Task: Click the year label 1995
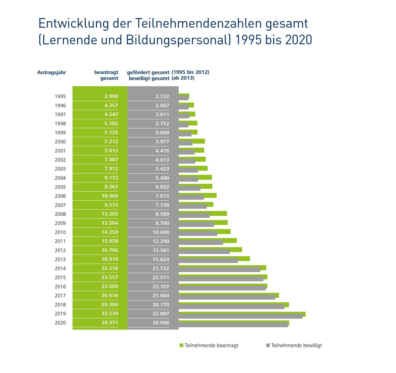(60, 96)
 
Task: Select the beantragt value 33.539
(110, 314)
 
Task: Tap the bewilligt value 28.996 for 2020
(161, 323)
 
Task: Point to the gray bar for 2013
(208, 261)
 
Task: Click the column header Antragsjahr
(52, 73)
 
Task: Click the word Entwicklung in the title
(73, 24)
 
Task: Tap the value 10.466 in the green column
(110, 196)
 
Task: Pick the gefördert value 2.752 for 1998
(162, 124)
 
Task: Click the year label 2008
(60, 214)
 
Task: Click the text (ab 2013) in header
(183, 78)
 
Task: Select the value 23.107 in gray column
(161, 287)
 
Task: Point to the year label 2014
(60, 268)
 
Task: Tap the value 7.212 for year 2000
(111, 142)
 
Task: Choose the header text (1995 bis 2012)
(190, 72)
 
